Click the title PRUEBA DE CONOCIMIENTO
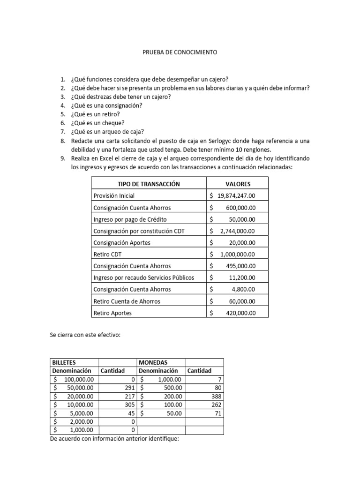(x=180, y=53)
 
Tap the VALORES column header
(x=238, y=184)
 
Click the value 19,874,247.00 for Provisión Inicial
(x=236, y=196)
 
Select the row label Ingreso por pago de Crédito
(x=130, y=219)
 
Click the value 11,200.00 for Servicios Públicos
(x=243, y=278)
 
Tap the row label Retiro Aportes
(x=112, y=313)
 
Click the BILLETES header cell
(x=64, y=363)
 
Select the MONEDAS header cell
(x=153, y=363)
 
